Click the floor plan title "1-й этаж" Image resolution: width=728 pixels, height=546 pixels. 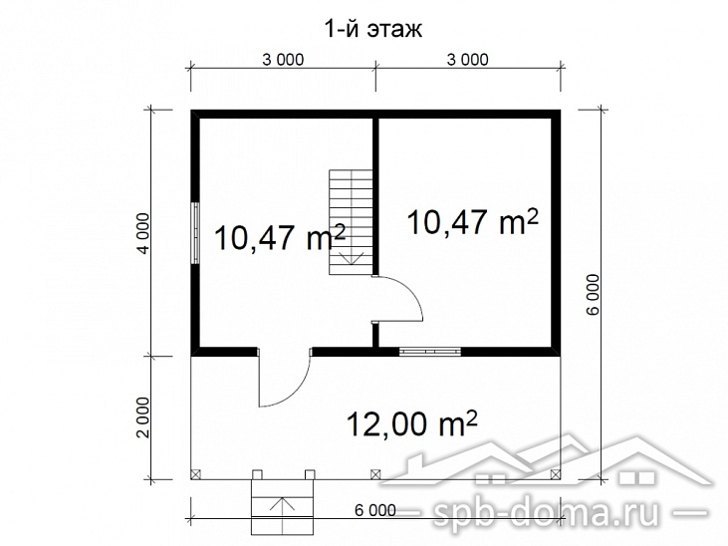click(x=372, y=29)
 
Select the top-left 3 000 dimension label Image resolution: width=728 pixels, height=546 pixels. click(x=283, y=60)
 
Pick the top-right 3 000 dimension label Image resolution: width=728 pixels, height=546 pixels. click(x=467, y=60)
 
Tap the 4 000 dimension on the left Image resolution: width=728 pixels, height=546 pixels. click(x=144, y=233)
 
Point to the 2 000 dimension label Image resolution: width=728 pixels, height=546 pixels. click(x=144, y=416)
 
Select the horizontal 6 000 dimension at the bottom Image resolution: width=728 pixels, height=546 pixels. click(x=375, y=510)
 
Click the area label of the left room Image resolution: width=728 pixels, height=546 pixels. click(x=280, y=236)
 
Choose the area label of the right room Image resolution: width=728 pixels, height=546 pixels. click(x=473, y=221)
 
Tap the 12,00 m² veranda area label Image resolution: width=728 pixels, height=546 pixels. click(x=412, y=422)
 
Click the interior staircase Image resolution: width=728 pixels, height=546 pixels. click(x=351, y=222)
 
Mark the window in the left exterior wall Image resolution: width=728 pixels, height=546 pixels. click(x=196, y=233)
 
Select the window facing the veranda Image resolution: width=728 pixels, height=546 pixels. click(x=430, y=352)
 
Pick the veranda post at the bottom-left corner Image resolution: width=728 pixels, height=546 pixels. click(x=195, y=474)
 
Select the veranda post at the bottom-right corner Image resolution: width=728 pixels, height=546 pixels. click(x=555, y=474)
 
